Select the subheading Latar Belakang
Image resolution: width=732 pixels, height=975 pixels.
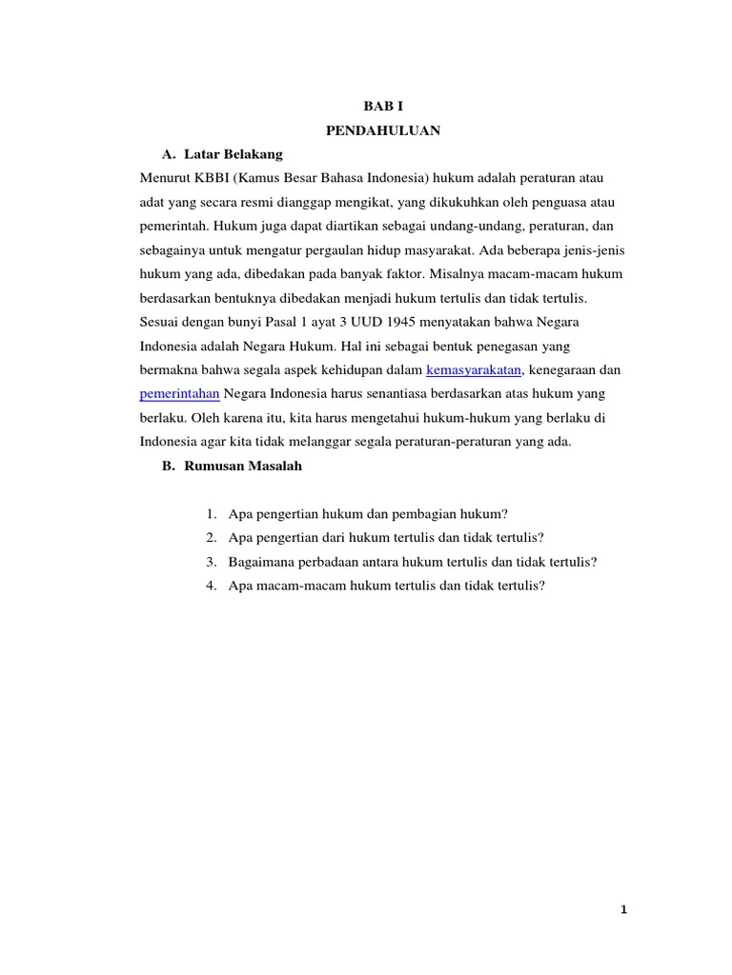coord(233,153)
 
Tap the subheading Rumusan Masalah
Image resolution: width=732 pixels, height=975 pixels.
coord(243,466)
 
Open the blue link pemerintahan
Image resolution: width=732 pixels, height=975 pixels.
coord(180,393)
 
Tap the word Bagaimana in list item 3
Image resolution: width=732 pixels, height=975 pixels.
coord(259,562)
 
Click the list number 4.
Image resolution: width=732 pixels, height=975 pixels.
coord(211,586)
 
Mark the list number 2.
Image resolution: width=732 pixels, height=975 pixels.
coord(211,538)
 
